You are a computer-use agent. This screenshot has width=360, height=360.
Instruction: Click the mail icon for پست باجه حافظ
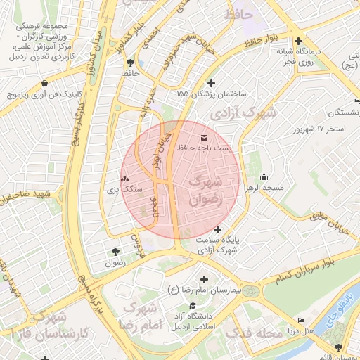[x=205, y=137]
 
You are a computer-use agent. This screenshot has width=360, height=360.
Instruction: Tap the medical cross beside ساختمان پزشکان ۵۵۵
[x=211, y=84]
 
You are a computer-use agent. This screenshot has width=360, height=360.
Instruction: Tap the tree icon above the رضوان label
[x=115, y=252]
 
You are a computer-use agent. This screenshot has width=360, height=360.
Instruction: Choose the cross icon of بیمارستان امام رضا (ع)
[x=204, y=279]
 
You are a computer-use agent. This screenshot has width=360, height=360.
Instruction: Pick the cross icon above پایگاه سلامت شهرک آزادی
[x=218, y=229]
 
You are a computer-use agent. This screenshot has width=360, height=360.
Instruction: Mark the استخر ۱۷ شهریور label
[x=323, y=130]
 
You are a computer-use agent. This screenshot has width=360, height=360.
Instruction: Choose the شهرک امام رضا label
[x=142, y=316]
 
